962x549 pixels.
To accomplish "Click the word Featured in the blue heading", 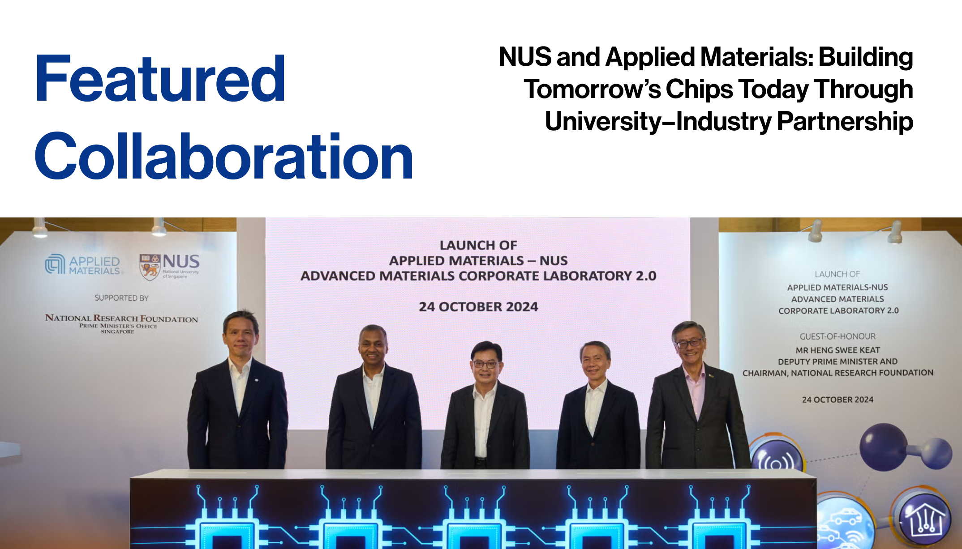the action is click(x=160, y=79).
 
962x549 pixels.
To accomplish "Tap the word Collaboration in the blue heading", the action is click(x=224, y=157).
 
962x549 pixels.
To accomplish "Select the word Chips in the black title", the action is click(x=699, y=89).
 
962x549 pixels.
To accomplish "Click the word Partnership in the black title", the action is click(x=845, y=122).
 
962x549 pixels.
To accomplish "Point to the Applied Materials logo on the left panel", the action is click(x=83, y=264).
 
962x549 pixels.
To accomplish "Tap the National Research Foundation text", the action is click(x=121, y=319).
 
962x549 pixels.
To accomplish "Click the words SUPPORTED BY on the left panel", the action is click(x=121, y=298).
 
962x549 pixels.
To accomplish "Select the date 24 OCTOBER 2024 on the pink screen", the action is click(x=478, y=307).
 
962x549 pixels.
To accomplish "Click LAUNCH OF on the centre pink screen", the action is click(x=478, y=245).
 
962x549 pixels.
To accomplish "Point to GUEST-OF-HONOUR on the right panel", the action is click(x=837, y=336).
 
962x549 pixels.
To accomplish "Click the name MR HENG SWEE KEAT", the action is click(x=837, y=350).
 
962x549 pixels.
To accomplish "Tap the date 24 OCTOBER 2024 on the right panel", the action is click(x=837, y=400).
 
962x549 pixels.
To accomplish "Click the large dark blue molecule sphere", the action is click(x=883, y=447).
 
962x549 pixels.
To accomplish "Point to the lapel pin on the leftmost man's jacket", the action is click(x=256, y=380).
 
